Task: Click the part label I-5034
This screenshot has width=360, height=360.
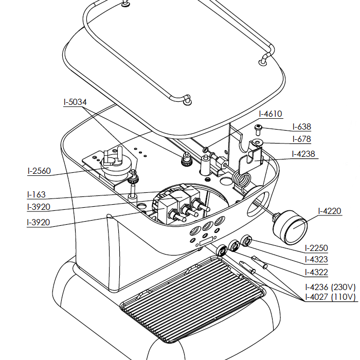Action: pyautogui.click(x=75, y=102)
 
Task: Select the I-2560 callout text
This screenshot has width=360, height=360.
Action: pyautogui.click(x=39, y=171)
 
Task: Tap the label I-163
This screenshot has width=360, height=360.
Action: pyautogui.click(x=36, y=195)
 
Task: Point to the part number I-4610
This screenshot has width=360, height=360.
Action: pyautogui.click(x=271, y=114)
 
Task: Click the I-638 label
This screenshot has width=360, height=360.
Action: pyautogui.click(x=301, y=127)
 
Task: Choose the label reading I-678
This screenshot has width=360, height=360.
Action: pyautogui.click(x=301, y=139)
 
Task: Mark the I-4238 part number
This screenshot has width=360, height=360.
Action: pyautogui.click(x=303, y=153)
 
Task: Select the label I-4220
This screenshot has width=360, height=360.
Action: pyautogui.click(x=330, y=211)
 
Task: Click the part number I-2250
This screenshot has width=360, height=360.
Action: pyautogui.click(x=316, y=248)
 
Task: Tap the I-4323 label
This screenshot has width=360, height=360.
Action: pyautogui.click(x=316, y=260)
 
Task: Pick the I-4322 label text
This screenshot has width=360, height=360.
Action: pyautogui.click(x=316, y=273)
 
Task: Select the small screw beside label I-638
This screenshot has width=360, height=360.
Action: pyautogui.click(x=259, y=127)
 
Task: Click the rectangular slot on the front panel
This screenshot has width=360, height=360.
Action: pyautogui.click(x=205, y=241)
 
